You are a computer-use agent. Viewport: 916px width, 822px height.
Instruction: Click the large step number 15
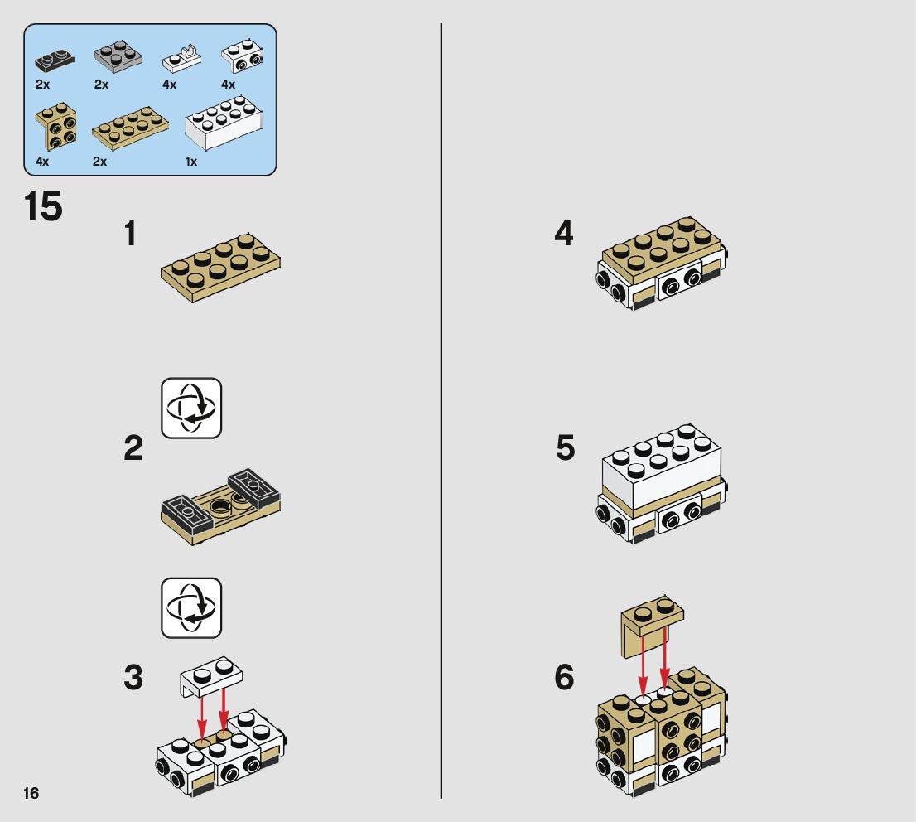(x=43, y=206)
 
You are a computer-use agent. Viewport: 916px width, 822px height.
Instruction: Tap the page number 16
(x=31, y=793)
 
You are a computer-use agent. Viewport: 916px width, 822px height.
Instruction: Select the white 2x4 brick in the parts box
(x=224, y=123)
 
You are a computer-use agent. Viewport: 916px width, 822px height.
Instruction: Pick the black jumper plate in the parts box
(x=55, y=60)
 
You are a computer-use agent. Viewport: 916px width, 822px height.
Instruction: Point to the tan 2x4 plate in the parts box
(x=130, y=128)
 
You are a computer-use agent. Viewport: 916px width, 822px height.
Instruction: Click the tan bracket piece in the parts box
(x=55, y=126)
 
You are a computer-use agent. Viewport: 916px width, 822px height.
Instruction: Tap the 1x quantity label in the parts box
(x=191, y=162)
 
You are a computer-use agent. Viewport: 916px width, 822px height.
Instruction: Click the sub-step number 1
(x=130, y=233)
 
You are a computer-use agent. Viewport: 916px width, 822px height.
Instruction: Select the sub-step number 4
(x=564, y=233)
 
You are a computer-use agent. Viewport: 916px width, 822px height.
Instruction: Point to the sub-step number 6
(x=564, y=677)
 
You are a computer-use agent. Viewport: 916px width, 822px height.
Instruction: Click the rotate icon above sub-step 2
(x=191, y=408)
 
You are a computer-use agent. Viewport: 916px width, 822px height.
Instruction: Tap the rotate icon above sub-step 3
(x=191, y=607)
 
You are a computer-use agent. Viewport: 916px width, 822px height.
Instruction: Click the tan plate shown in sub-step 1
(x=221, y=268)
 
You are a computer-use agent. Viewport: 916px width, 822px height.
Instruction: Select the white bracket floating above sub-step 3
(x=211, y=676)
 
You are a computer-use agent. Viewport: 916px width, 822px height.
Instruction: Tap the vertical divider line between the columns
(x=441, y=411)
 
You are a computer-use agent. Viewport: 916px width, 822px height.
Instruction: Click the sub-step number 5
(x=565, y=447)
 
